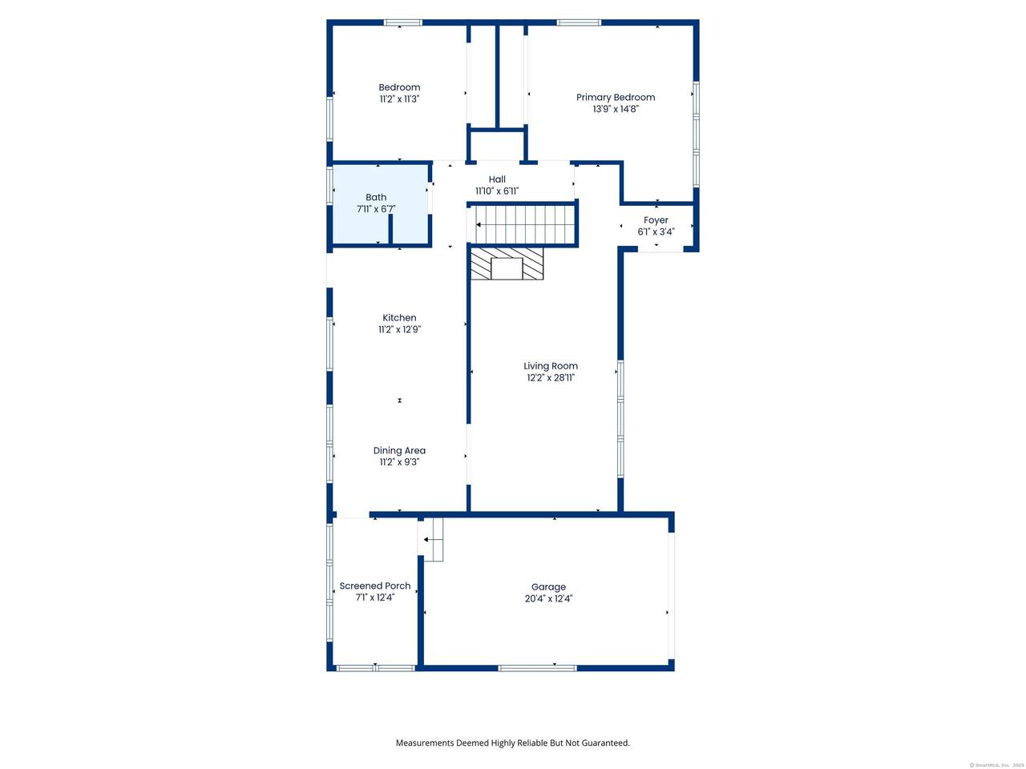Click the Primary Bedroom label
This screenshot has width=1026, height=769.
point(615,98)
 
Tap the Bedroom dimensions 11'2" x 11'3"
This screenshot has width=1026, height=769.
point(399,99)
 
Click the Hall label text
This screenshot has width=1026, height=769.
point(497,179)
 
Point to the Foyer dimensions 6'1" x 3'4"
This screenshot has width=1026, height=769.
point(656,232)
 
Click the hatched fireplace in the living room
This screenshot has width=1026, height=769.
point(507,264)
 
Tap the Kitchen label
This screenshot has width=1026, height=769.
point(399,318)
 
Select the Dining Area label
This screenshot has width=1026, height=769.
point(399,450)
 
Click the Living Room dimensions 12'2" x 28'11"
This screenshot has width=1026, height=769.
point(551,378)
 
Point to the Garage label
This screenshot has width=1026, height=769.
point(548,587)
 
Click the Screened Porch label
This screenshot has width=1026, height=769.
point(375,586)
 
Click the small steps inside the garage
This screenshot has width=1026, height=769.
point(430,539)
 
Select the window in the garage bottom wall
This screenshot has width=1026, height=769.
point(537,668)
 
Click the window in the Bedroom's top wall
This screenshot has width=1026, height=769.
point(403,22)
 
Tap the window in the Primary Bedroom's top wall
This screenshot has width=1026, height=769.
point(579,22)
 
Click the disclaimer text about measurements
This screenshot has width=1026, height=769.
point(513,743)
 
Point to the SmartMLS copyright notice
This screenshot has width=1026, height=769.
point(995,765)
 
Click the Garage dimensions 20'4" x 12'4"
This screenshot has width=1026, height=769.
point(548,598)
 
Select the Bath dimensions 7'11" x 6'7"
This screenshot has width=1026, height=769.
point(376,209)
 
